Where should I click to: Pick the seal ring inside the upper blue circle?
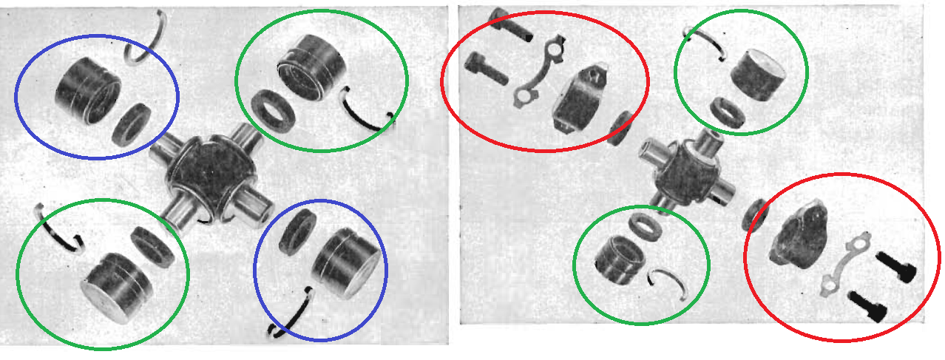[135, 123]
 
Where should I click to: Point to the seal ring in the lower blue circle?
[299, 231]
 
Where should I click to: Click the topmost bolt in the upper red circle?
[510, 24]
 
